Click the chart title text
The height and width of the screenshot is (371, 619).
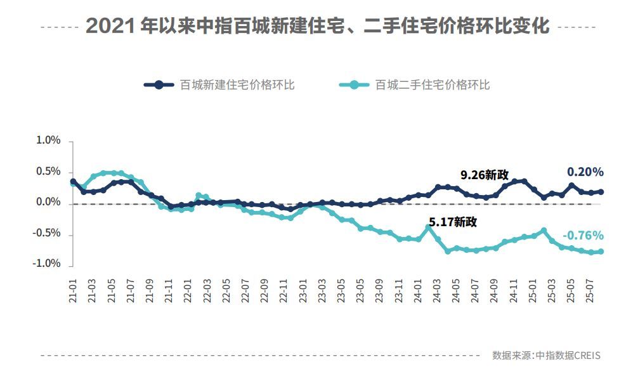[x=317, y=27]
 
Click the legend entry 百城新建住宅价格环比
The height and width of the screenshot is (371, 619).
[x=237, y=84]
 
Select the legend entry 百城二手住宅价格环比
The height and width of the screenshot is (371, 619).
[x=433, y=84]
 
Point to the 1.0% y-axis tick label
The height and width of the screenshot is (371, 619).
[x=48, y=140]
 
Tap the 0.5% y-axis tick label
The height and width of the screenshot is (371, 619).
[x=48, y=172]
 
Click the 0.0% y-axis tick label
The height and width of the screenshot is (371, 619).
[x=48, y=202]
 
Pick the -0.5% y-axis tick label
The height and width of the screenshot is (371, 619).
[x=47, y=233]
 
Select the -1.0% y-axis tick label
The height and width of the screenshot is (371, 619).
[x=47, y=264]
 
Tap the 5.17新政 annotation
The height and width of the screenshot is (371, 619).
[x=453, y=222]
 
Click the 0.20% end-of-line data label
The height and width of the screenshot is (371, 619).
[x=585, y=172]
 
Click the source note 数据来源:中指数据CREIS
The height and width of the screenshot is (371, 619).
[x=546, y=355]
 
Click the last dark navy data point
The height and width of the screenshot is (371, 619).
[x=601, y=192]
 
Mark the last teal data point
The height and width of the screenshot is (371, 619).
[x=601, y=252]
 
